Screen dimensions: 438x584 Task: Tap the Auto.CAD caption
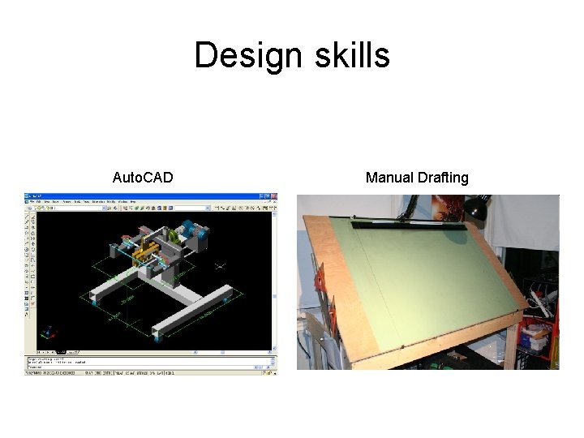[142, 177]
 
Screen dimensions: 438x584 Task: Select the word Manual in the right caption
[389, 177]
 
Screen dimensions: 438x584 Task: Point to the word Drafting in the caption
[442, 177]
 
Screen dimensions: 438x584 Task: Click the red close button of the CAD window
[273, 196]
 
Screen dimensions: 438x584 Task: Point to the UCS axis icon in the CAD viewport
[50, 332]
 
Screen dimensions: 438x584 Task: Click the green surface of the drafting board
[422, 276]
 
